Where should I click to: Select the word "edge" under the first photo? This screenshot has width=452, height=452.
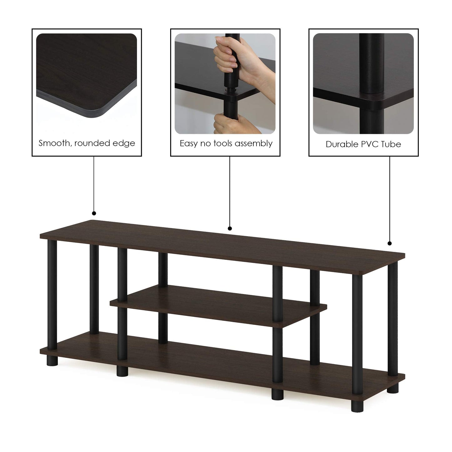125,143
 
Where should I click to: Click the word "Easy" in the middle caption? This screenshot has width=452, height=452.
189,144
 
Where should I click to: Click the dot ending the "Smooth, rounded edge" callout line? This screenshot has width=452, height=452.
94,213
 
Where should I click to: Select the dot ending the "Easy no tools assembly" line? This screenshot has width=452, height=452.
230,228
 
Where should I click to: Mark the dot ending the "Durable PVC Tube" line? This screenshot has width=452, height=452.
389,243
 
